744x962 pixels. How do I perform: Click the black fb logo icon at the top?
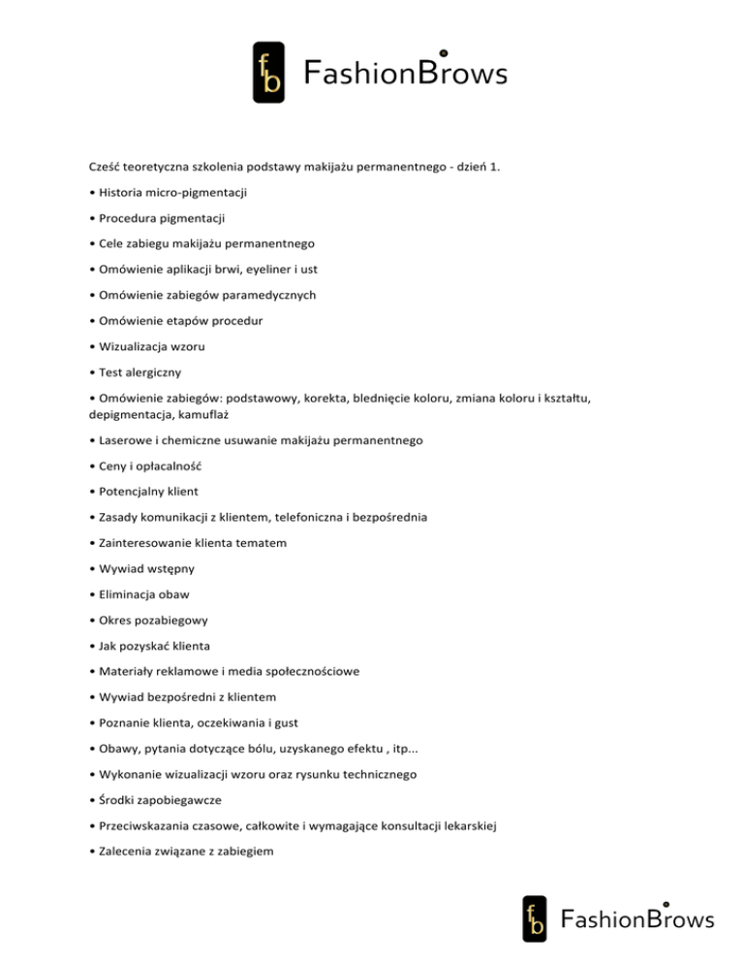(268, 73)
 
